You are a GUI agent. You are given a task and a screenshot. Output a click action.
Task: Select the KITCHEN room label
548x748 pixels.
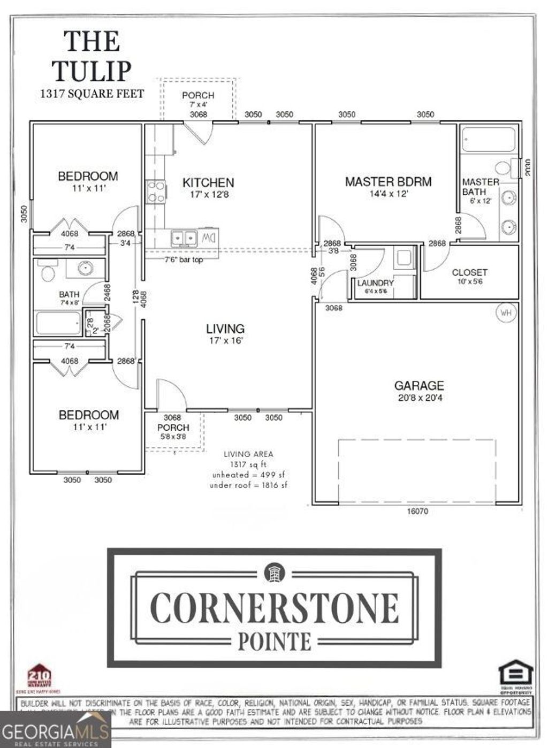click(x=208, y=182)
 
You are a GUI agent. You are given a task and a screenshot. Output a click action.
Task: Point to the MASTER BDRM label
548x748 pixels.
click(x=388, y=182)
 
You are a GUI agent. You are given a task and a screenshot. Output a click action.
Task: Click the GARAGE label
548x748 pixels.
click(x=419, y=385)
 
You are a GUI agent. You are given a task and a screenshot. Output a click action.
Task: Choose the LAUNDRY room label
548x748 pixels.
click(x=375, y=283)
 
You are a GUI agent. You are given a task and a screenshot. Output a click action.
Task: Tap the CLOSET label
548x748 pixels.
click(x=469, y=272)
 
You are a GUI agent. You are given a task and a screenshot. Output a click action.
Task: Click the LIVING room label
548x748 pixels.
click(x=225, y=329)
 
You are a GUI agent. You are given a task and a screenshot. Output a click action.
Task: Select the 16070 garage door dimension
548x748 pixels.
click(x=417, y=511)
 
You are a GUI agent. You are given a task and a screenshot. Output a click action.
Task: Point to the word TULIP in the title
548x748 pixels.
click(x=92, y=71)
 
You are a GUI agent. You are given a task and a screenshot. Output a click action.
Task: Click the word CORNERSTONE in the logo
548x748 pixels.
click(x=275, y=607)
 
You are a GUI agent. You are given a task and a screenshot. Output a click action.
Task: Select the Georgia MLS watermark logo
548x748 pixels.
click(x=55, y=730)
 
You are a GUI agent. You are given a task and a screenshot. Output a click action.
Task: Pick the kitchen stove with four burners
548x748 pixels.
click(x=156, y=192)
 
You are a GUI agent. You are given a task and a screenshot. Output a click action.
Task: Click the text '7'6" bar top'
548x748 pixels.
click(x=183, y=260)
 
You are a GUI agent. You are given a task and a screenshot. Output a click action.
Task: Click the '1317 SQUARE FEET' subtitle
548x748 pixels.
click(x=92, y=94)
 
